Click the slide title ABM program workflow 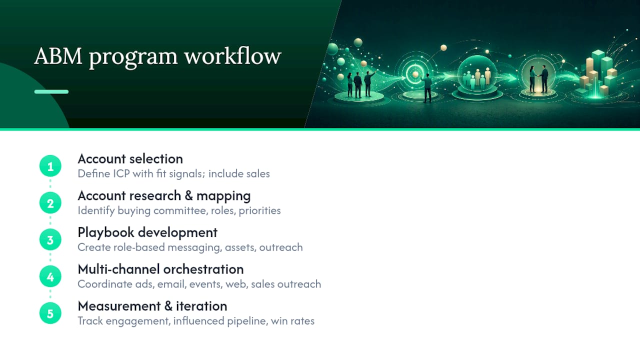pos(157,57)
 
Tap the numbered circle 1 pos(50,166)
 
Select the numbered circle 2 pos(50,203)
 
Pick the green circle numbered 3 pos(50,239)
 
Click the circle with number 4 pos(50,276)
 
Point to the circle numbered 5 pos(50,313)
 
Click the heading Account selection pos(130,159)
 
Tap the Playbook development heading pos(147,233)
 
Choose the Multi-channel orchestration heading pos(160,269)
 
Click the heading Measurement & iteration pos(152,306)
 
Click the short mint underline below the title pos(51,91)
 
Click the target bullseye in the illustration pos(415,74)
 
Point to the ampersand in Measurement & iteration pos(168,306)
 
